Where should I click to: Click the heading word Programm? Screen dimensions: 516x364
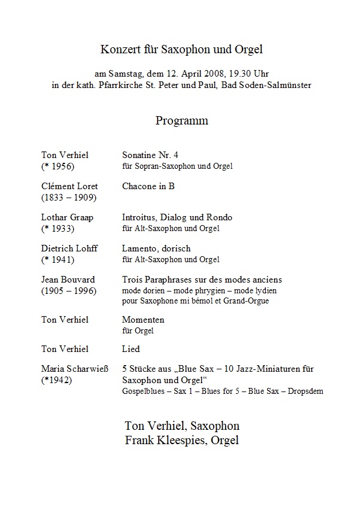[x=182, y=120]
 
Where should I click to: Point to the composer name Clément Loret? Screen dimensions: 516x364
[x=69, y=186]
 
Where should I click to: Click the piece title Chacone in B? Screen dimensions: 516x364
[x=148, y=186]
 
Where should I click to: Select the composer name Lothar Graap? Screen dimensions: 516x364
[x=68, y=217]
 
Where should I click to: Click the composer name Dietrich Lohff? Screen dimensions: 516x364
[x=69, y=248]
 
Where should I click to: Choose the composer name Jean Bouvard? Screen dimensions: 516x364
[x=68, y=280]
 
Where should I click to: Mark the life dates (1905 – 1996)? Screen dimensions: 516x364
[x=69, y=290]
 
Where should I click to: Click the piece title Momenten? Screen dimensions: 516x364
[x=143, y=320]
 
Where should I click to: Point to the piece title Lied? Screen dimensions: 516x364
[x=131, y=348]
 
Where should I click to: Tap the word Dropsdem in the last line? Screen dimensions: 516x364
[x=305, y=391]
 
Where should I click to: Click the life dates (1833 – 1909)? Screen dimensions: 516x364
[x=69, y=197]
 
